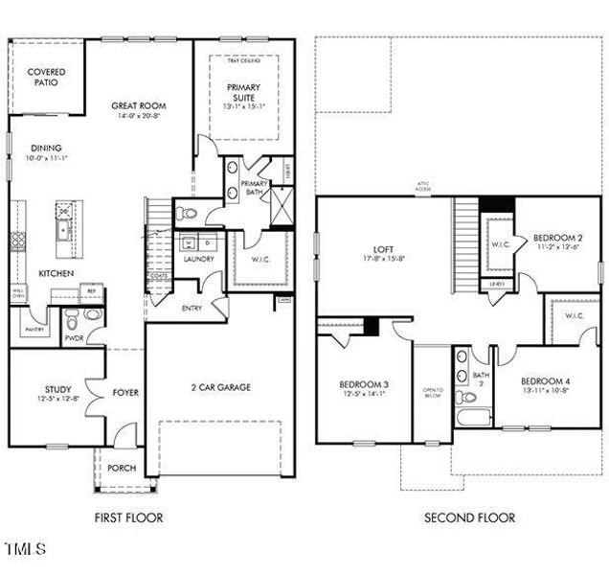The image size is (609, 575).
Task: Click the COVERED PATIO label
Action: pyautogui.click(x=45, y=77)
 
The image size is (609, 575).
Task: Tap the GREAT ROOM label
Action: pyautogui.click(x=139, y=106)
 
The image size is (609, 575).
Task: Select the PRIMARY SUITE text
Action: pyautogui.click(x=243, y=93)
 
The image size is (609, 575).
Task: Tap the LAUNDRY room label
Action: pyautogui.click(x=198, y=259)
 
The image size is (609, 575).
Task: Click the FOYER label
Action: pyautogui.click(x=125, y=391)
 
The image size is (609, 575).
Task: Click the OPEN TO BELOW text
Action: pyautogui.click(x=431, y=393)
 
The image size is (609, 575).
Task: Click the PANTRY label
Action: pyautogui.click(x=34, y=329)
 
